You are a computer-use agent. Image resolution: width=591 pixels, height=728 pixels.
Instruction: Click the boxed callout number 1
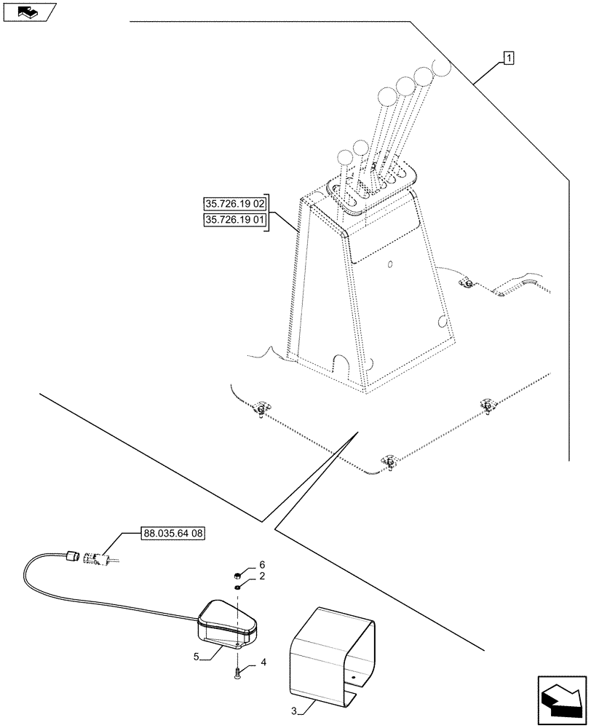508,58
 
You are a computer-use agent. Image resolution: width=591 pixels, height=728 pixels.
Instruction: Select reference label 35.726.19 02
235,203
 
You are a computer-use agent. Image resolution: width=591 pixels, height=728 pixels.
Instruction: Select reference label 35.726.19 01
235,220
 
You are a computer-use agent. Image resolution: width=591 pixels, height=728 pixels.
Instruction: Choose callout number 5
197,657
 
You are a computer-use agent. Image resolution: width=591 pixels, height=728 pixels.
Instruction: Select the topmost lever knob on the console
442,67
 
